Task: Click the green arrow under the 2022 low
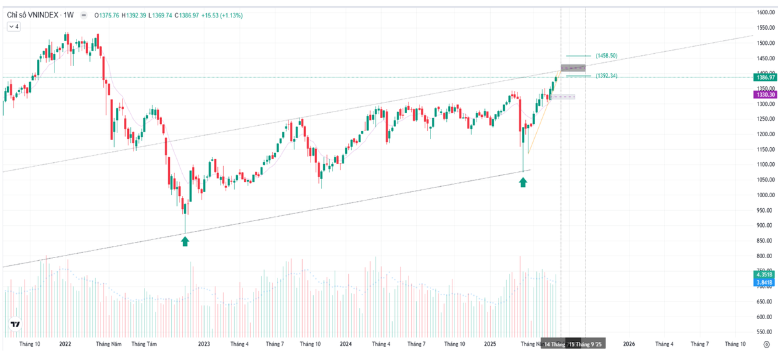pyautogui.click(x=185, y=241)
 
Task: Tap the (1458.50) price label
pyautogui.click(x=606, y=56)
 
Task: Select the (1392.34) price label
pyautogui.click(x=606, y=76)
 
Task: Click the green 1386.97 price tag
pyautogui.click(x=765, y=77)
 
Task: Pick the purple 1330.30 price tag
pyautogui.click(x=765, y=95)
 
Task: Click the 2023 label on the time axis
pyautogui.click(x=204, y=344)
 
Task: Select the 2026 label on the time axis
pyautogui.click(x=628, y=344)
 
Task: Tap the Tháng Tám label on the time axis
pyautogui.click(x=144, y=344)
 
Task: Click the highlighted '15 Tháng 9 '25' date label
pyautogui.click(x=586, y=344)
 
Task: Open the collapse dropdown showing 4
pyautogui.click(x=14, y=27)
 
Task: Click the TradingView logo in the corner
pyautogui.click(x=15, y=324)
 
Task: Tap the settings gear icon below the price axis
pyautogui.click(x=766, y=344)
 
